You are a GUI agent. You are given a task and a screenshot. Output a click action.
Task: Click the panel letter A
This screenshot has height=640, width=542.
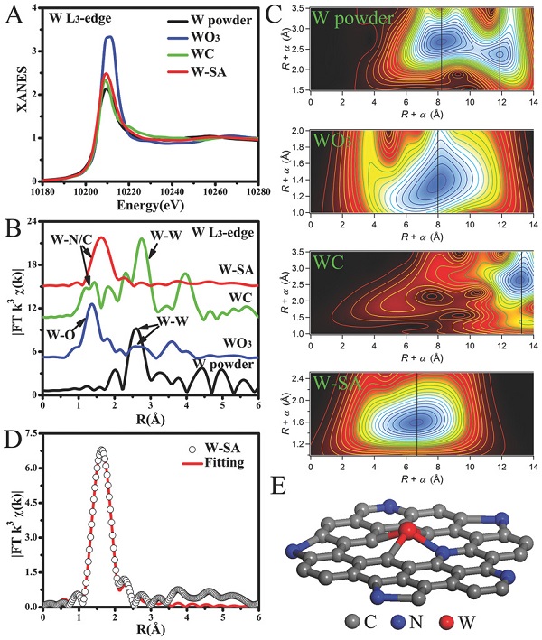15,15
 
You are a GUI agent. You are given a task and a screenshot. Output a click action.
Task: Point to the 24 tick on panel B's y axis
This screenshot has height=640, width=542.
32,222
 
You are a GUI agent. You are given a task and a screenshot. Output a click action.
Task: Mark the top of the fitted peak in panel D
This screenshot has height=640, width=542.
101,448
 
